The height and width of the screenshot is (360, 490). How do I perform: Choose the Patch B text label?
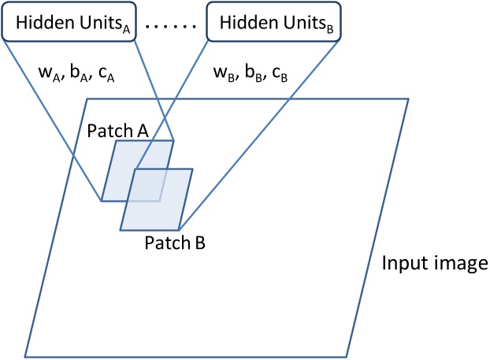click(175, 242)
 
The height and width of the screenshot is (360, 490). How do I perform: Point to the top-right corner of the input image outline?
click(408, 98)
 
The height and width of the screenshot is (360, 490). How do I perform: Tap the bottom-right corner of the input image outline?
click(346, 353)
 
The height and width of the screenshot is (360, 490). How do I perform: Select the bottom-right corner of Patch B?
click(180, 230)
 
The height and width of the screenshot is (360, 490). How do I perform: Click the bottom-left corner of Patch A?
click(101, 200)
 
